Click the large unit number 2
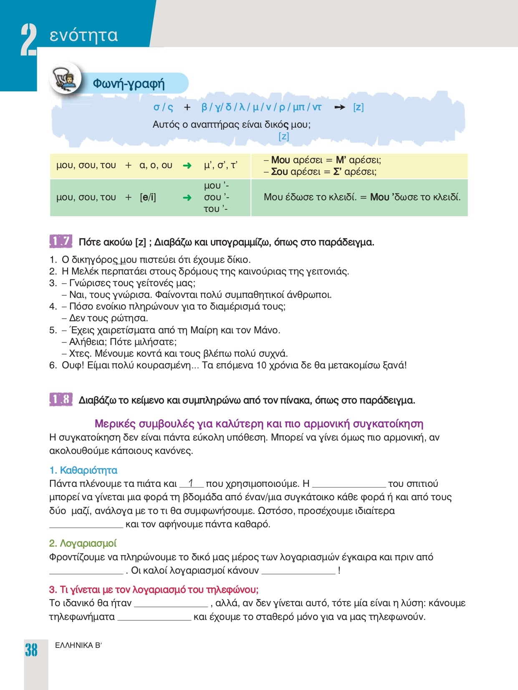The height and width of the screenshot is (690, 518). tap(28, 40)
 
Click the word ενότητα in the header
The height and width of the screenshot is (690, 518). tap(83, 35)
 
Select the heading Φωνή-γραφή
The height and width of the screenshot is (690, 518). tap(129, 83)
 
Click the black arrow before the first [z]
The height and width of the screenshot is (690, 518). tap(340, 107)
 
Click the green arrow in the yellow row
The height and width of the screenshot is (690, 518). tap(187, 166)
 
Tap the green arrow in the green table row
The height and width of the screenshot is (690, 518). tap(187, 197)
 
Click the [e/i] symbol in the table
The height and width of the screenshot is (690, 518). tap(148, 197)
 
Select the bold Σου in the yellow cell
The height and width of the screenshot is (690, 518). tap(279, 171)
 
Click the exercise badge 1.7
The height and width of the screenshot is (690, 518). tap(61, 241)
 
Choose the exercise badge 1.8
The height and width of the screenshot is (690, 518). tap(61, 400)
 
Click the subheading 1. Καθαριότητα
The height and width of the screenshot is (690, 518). tap(83, 470)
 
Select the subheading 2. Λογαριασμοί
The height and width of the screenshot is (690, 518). tap(83, 543)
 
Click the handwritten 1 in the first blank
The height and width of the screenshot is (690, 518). tap(191, 483)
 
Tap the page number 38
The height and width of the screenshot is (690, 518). tap(31, 650)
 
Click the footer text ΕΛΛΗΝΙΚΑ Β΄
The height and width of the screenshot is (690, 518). tap(78, 645)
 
